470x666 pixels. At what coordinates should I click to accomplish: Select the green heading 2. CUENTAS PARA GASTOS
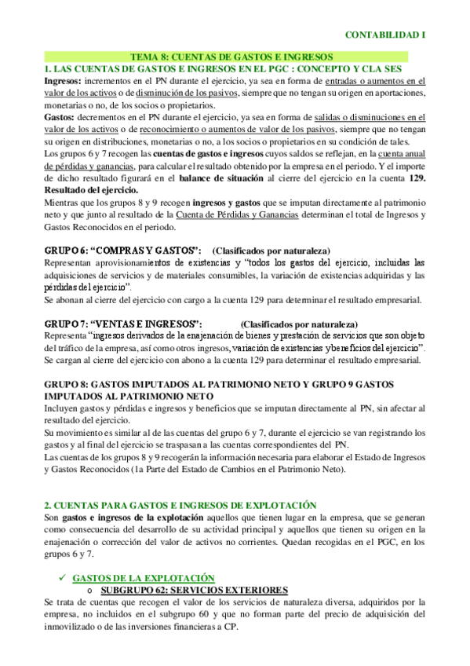(180, 505)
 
